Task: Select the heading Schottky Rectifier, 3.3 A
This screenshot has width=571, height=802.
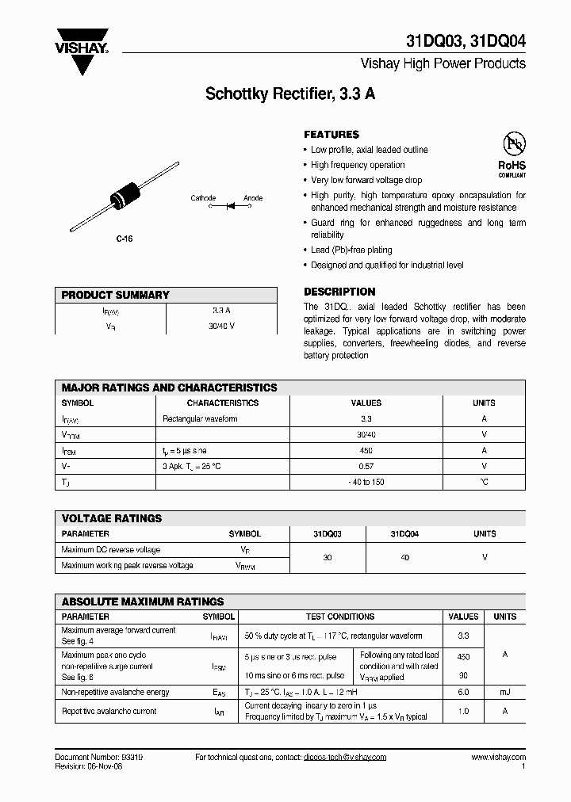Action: click(290, 94)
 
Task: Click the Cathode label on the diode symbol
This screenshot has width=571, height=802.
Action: click(203, 198)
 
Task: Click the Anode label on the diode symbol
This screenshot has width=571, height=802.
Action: click(253, 198)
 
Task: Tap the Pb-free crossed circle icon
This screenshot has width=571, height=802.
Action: click(512, 143)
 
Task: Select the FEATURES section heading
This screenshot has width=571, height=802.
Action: click(331, 135)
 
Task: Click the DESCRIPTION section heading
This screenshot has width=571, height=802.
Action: click(339, 292)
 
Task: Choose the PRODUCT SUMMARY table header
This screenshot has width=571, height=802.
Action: click(116, 295)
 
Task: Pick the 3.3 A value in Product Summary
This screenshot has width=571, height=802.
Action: click(221, 311)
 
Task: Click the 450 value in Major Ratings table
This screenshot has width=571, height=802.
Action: click(366, 450)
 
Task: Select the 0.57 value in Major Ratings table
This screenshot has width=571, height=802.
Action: click(366, 466)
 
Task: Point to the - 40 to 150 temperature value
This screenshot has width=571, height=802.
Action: click(366, 482)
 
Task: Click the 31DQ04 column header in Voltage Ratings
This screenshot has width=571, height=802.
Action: click(404, 534)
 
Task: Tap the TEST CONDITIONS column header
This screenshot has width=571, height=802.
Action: click(340, 617)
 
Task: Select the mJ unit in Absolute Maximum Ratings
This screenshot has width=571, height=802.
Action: click(504, 693)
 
